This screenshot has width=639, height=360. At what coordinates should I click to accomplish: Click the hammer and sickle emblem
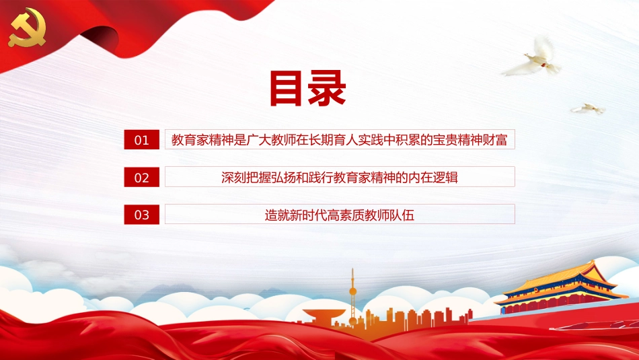coord(26,28)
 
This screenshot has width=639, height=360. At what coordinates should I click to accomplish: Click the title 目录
coord(307,89)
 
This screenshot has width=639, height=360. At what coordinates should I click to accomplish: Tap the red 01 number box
coord(142,140)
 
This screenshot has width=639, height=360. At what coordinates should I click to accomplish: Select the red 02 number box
coord(142,178)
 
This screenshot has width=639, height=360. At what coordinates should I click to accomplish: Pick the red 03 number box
coord(142,215)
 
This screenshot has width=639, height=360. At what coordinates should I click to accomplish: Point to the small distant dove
coord(588,108)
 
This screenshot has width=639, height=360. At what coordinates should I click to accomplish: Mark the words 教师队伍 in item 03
coord(397,215)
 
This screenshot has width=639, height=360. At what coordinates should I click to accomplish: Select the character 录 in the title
coord(327,89)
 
